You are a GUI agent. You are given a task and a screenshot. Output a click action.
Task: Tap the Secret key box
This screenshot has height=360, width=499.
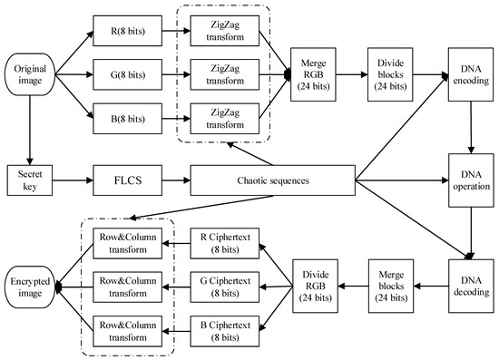[x=28, y=180]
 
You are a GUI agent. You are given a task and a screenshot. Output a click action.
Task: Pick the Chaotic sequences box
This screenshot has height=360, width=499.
[x=270, y=180]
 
